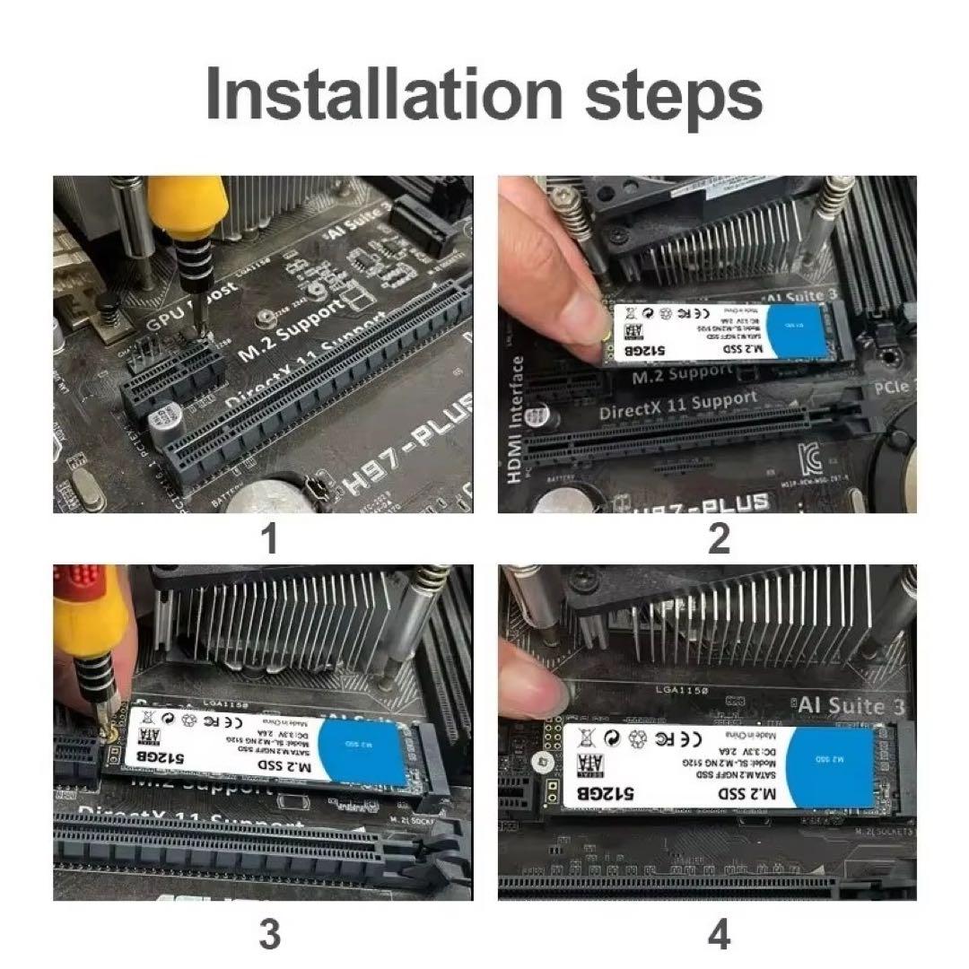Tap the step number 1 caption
click(x=268, y=540)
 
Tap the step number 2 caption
click(x=719, y=540)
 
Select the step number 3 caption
click(x=269, y=936)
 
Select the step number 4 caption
click(x=719, y=936)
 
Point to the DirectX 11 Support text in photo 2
click(x=677, y=407)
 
